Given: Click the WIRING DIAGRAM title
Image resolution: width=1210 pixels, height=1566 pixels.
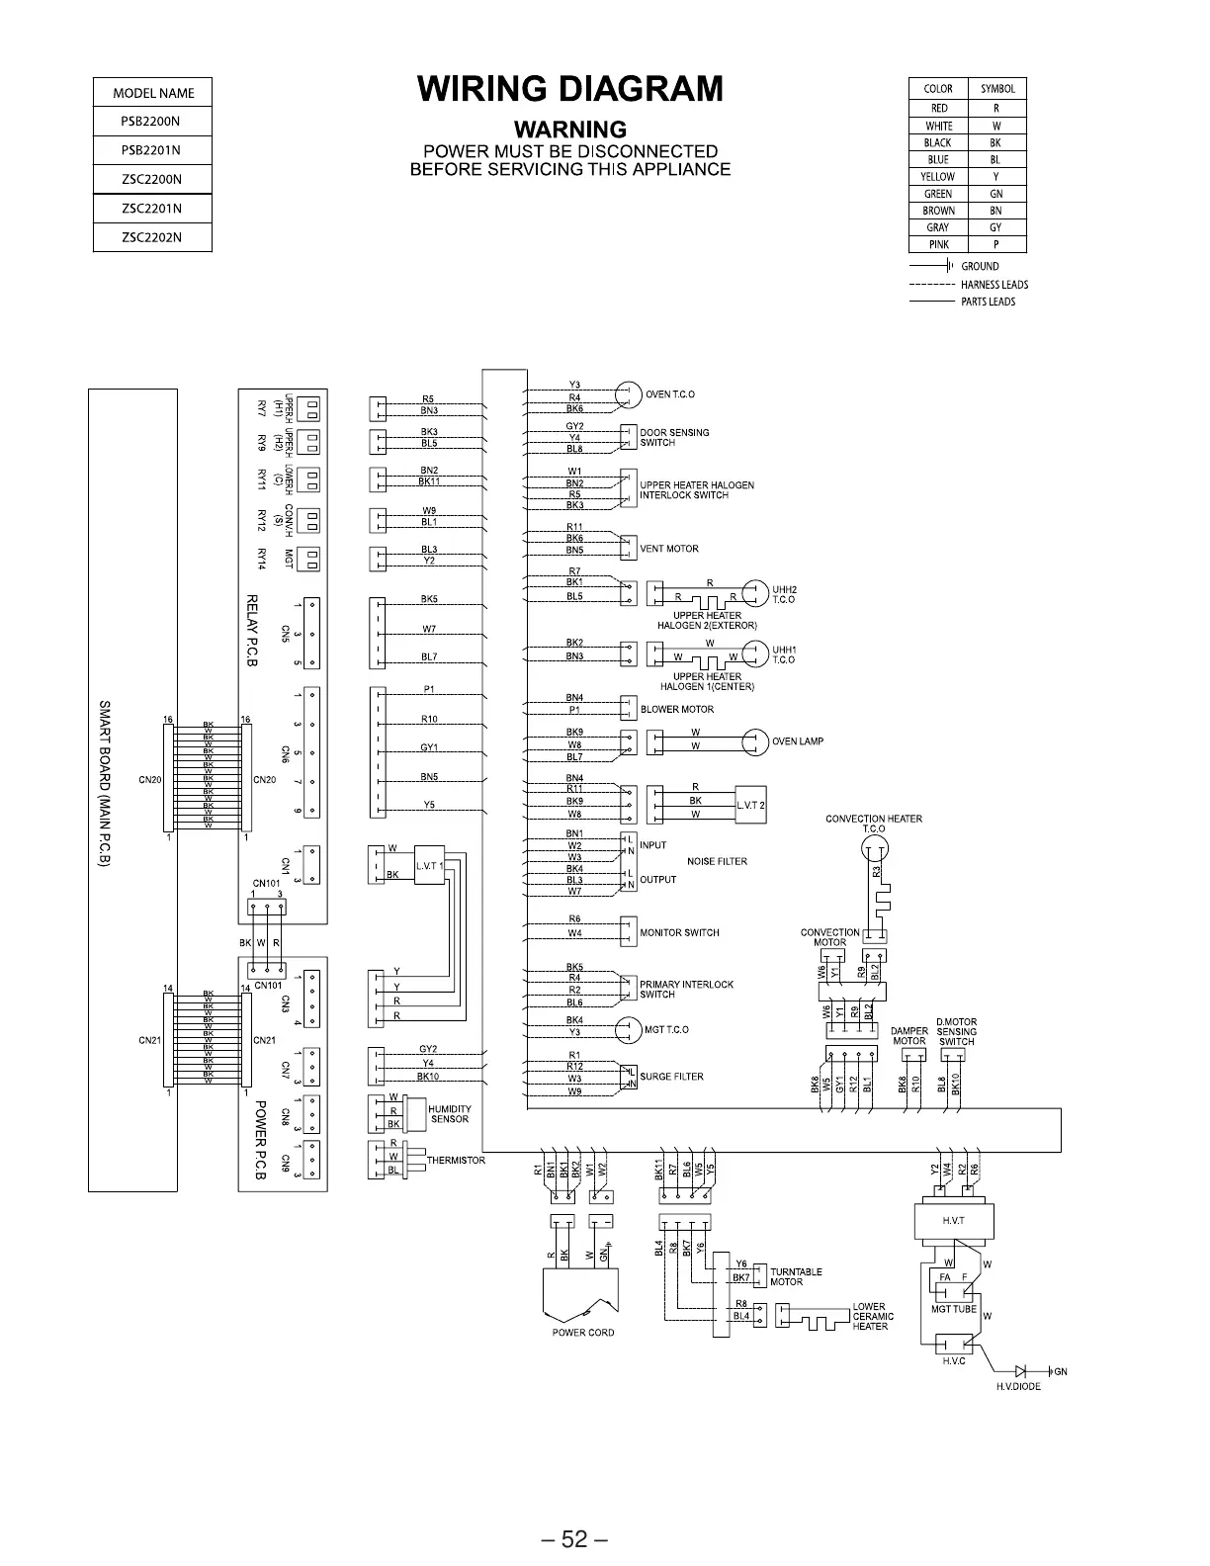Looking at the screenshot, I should click(570, 90).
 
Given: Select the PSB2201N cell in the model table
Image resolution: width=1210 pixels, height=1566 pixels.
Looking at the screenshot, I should click(151, 150).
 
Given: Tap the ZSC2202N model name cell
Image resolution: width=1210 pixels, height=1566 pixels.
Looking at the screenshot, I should click(151, 237).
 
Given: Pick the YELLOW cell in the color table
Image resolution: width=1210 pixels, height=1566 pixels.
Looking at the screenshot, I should click(938, 177).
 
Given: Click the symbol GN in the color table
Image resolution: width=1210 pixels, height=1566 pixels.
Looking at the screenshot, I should click(995, 194).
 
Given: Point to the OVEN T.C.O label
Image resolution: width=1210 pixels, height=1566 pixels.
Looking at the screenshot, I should click(670, 394).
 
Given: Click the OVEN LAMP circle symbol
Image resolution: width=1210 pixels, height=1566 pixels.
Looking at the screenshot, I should click(756, 741).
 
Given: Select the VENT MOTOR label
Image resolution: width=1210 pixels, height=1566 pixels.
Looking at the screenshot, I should click(669, 549).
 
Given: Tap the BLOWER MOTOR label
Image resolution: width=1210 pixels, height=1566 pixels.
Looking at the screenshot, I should click(677, 709).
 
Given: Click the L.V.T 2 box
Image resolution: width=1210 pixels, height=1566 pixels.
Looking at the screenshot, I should click(750, 805).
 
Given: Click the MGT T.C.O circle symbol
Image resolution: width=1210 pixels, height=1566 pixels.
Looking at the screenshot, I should click(629, 1030).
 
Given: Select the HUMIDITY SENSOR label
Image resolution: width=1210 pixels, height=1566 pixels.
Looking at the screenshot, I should click(450, 1114).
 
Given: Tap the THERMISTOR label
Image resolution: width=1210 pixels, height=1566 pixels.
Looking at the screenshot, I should click(456, 1161).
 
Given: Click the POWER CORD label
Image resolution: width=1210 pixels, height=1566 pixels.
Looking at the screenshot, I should click(583, 1333).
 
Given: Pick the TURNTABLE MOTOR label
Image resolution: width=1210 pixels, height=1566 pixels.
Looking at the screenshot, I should click(796, 1276).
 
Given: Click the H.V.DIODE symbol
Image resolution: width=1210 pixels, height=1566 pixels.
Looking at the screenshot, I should click(1021, 1371).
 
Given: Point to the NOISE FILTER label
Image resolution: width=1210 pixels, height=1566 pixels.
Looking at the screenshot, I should click(717, 862).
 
